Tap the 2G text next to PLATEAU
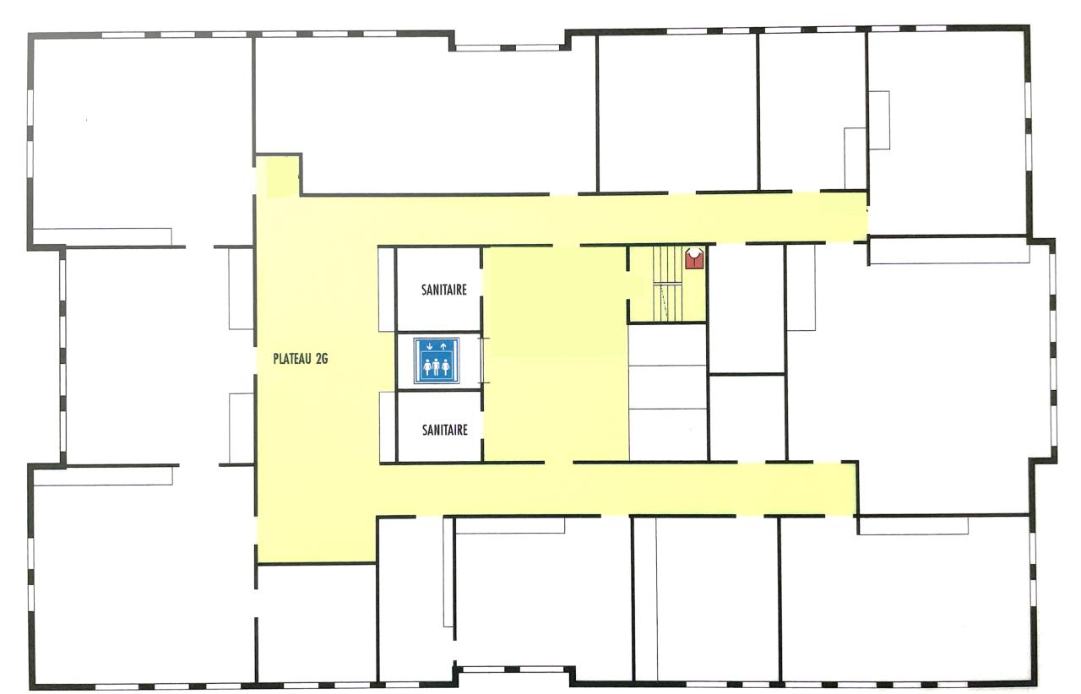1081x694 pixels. (322, 359)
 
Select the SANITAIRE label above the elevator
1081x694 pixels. (444, 290)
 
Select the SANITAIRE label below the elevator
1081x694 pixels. (444, 430)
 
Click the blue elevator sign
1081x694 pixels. (437, 361)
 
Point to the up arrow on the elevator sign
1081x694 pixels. (443, 345)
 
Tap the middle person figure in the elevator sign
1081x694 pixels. (437, 366)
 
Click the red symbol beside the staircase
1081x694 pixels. (694, 258)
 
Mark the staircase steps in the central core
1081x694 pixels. (667, 284)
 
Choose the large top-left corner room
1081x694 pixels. (143, 135)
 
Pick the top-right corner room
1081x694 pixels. (948, 133)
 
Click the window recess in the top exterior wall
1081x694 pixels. (509, 41)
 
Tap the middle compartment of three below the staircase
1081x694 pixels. (668, 387)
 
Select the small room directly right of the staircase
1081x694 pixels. (746, 309)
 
